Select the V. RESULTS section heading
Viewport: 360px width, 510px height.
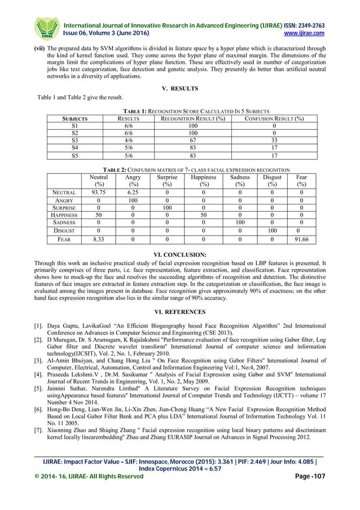point(180,89)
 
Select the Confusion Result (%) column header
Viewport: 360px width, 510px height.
point(274,119)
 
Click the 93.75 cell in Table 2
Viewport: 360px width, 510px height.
point(99,192)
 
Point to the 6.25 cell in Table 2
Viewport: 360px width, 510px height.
point(133,192)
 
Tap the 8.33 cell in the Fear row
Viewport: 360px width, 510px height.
point(99,239)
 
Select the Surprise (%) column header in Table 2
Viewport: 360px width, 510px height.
point(167,180)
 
